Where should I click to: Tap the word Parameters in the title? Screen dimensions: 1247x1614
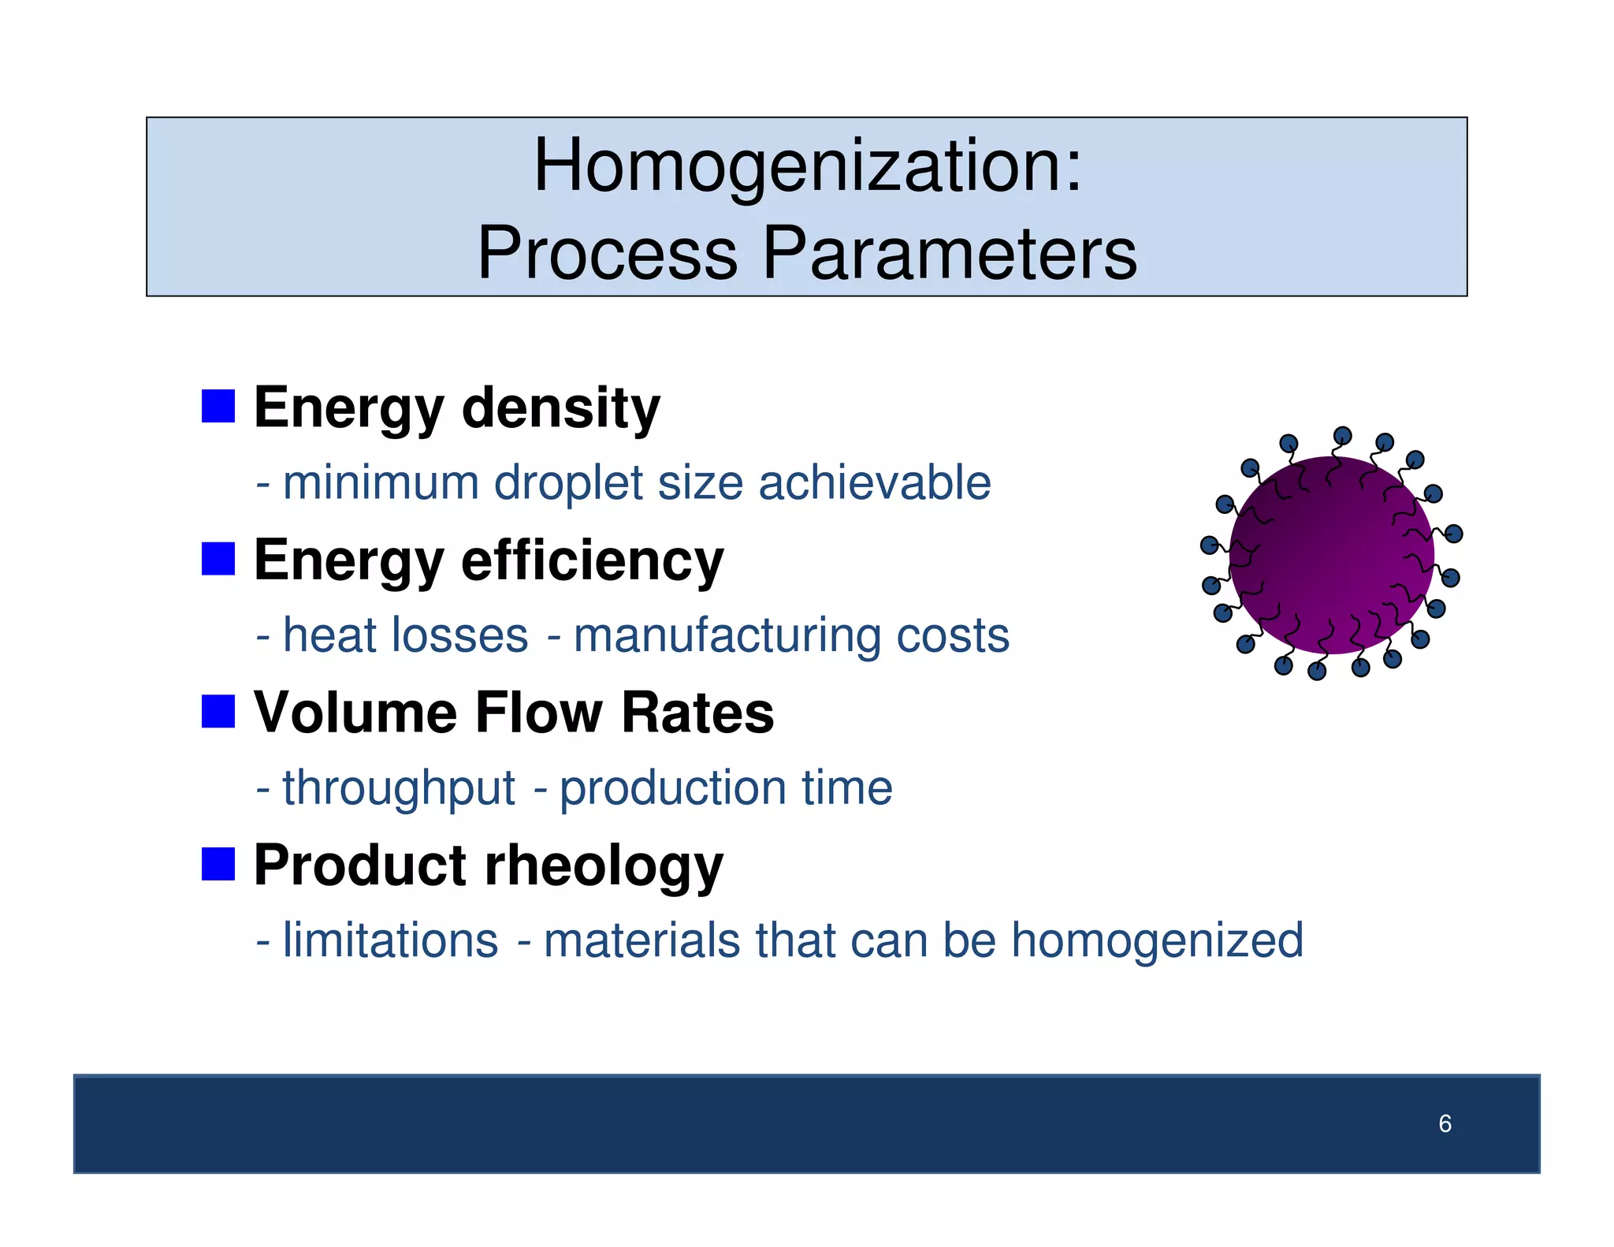pos(950,254)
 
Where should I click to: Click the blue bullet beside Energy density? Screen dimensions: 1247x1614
pos(218,407)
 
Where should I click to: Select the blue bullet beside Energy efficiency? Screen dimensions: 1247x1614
pos(218,559)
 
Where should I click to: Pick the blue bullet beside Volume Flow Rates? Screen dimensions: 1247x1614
pos(218,711)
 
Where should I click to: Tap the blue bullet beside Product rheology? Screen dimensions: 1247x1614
pos(218,864)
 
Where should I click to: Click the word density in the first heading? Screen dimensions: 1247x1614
pos(560,408)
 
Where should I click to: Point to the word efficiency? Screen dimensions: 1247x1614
pos(592,560)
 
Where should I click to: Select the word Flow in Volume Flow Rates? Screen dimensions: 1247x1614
pos(538,713)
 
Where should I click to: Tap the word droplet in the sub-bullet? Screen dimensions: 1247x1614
pos(568,483)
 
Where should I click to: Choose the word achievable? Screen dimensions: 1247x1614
pos(874,482)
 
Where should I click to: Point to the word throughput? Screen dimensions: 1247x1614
pos(399,789)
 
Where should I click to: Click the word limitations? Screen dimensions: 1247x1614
pos(390,940)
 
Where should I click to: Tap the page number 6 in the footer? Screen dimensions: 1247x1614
pos(1445,1123)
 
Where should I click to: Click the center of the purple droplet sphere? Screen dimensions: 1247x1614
pos(1331,555)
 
